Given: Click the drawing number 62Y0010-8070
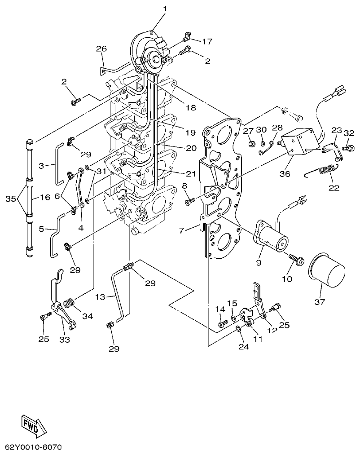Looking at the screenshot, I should pyautogui.click(x=33, y=448).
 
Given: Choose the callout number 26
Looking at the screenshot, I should pyautogui.click(x=102, y=49).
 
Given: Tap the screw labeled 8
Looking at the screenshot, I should pyautogui.click(x=189, y=202).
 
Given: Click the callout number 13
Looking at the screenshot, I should pyautogui.click(x=101, y=297).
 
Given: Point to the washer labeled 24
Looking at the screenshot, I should pyautogui.click(x=237, y=330).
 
